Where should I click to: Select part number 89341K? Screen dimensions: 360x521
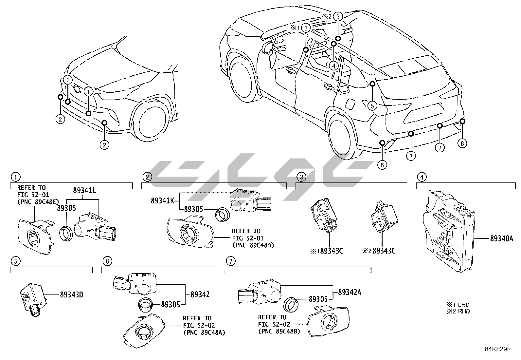[162, 200]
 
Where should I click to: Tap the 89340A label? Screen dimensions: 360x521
[501, 239]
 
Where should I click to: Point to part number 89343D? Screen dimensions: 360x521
[71, 294]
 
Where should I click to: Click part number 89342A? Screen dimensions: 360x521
[350, 292]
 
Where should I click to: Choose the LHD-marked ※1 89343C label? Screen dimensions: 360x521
[327, 251]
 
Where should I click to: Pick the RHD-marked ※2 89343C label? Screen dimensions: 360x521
[380, 251]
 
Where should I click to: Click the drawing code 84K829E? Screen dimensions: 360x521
[498, 349]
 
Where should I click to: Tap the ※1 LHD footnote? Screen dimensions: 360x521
[458, 305]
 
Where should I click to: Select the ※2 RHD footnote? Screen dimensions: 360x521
[458, 311]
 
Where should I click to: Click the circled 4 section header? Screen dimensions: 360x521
[422, 177]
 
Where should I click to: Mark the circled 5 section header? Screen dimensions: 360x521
[15, 261]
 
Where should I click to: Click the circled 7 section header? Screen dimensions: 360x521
[230, 261]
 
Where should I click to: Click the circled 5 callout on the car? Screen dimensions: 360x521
[372, 105]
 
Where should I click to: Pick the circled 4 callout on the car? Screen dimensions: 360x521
[333, 66]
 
